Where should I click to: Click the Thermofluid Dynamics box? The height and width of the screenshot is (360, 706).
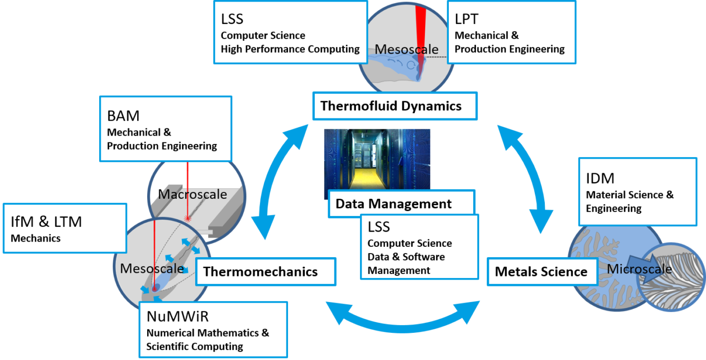(x=391, y=106)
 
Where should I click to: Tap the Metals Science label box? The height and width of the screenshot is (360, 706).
(x=541, y=271)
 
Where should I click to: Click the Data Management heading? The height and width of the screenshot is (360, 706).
(x=393, y=203)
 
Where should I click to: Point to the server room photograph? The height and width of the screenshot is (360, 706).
(x=377, y=159)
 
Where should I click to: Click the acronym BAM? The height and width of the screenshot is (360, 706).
(x=124, y=116)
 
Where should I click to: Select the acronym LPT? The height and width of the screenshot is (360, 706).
(x=466, y=19)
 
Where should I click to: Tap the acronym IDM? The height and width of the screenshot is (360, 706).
(x=600, y=178)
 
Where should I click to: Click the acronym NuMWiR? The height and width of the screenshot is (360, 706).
(x=177, y=316)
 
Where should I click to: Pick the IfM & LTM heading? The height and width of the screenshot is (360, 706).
(x=46, y=222)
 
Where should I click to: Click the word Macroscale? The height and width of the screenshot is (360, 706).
(x=193, y=194)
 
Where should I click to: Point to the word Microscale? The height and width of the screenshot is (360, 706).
(x=640, y=269)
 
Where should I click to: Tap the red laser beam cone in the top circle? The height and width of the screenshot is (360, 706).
(x=422, y=21)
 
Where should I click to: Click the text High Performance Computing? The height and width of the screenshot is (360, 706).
(x=290, y=49)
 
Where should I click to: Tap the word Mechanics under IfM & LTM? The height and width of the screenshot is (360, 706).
(x=35, y=238)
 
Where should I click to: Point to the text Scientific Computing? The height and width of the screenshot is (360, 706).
(x=195, y=346)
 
